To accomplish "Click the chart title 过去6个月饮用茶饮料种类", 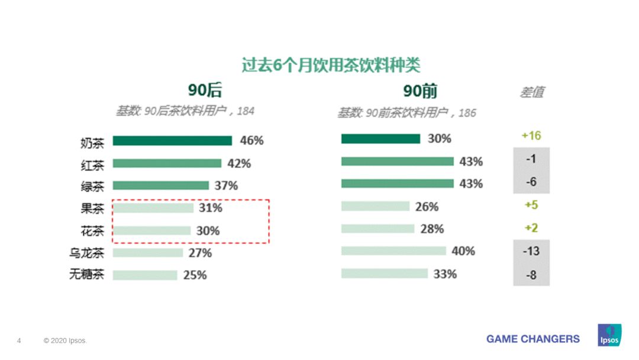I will click(331, 65).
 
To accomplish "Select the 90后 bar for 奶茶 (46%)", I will click(172, 141).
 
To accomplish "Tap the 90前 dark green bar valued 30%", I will click(380, 139).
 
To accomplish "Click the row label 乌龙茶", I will click(86, 253).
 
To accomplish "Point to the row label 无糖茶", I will click(86, 275).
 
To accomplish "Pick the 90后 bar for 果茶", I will click(153, 208).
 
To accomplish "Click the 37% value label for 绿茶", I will click(226, 186).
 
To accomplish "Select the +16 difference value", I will click(531, 136).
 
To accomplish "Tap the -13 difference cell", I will click(531, 251).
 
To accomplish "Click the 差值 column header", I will click(531, 92).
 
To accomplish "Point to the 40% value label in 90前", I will click(463, 251).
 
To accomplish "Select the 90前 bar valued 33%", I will click(384, 274).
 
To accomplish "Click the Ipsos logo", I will click(609, 335).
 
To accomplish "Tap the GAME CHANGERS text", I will click(532, 339).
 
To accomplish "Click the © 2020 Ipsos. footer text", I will click(65, 341).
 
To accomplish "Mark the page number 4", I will click(19, 341).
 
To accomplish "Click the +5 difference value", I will click(531, 205).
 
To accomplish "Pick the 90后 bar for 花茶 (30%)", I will click(151, 231).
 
